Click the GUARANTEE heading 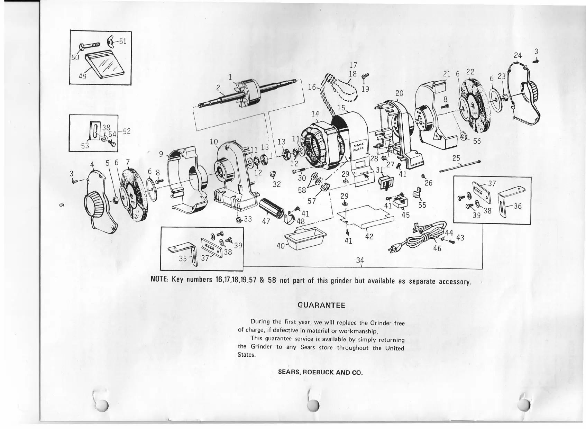pyautogui.click(x=321, y=305)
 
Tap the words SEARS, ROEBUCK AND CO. pyautogui.click(x=320, y=373)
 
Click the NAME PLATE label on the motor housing pyautogui.click(x=358, y=150)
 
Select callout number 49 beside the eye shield pyautogui.click(x=82, y=76)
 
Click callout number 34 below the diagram pyautogui.click(x=360, y=260)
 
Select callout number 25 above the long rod pyautogui.click(x=456, y=158)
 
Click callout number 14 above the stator pyautogui.click(x=315, y=113)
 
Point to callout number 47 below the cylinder pyautogui.click(x=266, y=221)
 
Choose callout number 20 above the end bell pyautogui.click(x=399, y=93)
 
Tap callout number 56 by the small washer pyautogui.click(x=477, y=141)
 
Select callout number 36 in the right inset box pyautogui.click(x=518, y=206)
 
